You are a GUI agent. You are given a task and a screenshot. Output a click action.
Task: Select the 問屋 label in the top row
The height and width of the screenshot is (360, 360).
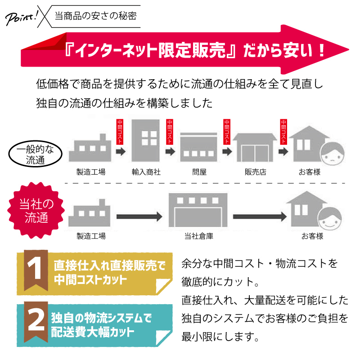click(x=199, y=172)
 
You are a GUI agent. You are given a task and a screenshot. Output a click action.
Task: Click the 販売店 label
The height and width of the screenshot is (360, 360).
click(x=255, y=172)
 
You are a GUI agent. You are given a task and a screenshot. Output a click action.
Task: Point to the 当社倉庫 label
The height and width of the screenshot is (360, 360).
click(x=199, y=236)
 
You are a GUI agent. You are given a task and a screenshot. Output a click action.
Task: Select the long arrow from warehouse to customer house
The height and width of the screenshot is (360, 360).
click(x=258, y=216)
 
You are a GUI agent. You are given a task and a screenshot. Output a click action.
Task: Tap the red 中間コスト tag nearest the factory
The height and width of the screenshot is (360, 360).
click(x=120, y=131)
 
